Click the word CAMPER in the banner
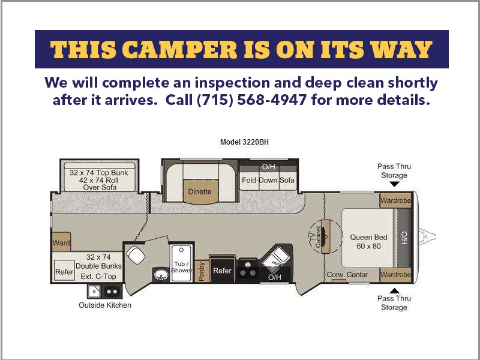(181, 49)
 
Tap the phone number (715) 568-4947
(251, 100)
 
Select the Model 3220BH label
(244, 142)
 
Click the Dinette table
(200, 191)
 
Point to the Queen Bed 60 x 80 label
(368, 242)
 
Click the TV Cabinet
(325, 236)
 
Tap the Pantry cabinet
(202, 271)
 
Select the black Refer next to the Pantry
(222, 271)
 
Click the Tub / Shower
(182, 263)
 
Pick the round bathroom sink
(161, 274)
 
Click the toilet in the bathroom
(136, 254)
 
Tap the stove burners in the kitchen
(247, 269)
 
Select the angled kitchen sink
(276, 257)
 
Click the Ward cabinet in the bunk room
(61, 242)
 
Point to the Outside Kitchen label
(105, 305)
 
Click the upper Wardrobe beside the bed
(395, 201)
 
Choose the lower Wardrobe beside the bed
(395, 275)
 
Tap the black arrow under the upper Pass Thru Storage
(394, 184)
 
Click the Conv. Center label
(347, 275)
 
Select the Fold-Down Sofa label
(268, 180)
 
